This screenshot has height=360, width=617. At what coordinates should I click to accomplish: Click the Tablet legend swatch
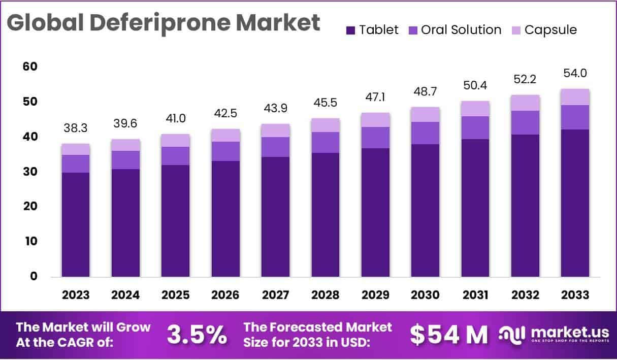click(x=350, y=30)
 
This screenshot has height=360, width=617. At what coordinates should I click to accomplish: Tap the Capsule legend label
click(x=550, y=30)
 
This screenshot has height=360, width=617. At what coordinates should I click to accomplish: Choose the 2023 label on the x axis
click(x=76, y=295)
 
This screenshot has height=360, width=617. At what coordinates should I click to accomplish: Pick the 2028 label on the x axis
click(x=326, y=295)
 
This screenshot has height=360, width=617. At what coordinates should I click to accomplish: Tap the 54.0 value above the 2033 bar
click(x=575, y=74)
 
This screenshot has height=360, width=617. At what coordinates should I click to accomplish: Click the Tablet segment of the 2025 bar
click(x=176, y=221)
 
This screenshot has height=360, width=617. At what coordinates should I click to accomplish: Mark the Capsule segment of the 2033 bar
click(x=575, y=97)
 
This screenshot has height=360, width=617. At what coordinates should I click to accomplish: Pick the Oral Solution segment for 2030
click(x=426, y=133)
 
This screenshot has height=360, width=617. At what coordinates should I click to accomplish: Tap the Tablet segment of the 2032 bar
click(x=525, y=206)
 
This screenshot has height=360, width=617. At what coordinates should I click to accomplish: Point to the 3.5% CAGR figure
click(x=197, y=334)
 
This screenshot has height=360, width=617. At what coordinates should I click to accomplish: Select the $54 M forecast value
click(x=448, y=334)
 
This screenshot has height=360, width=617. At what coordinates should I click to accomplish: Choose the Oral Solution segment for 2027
click(x=276, y=147)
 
